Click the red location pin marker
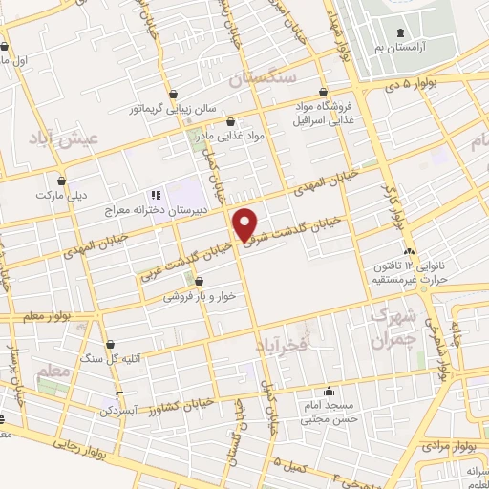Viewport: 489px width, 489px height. point(245,225)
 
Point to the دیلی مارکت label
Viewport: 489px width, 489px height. point(62,195)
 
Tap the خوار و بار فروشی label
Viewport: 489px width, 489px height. point(200,296)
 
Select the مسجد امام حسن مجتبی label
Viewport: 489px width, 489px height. point(329,412)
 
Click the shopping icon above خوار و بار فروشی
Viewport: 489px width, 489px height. point(200,282)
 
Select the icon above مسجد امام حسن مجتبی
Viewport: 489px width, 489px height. point(329,391)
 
